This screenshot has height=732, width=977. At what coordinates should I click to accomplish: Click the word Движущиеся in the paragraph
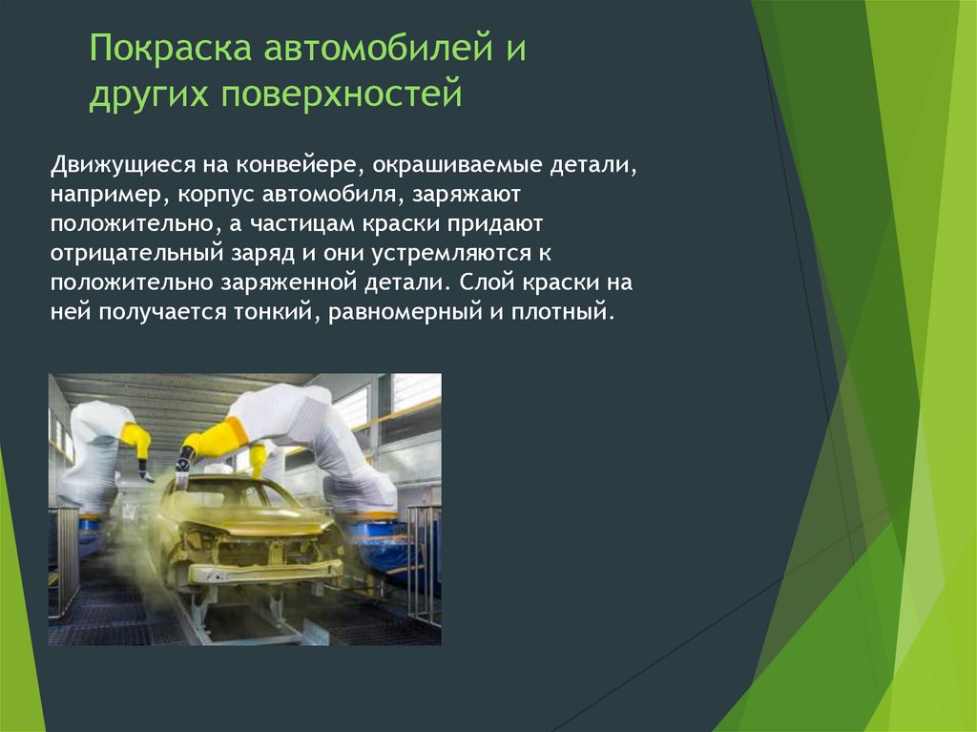tap(123, 165)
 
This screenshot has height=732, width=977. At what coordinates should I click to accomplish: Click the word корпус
tap(215, 196)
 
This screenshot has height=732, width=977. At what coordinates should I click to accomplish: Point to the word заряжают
tap(466, 195)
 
